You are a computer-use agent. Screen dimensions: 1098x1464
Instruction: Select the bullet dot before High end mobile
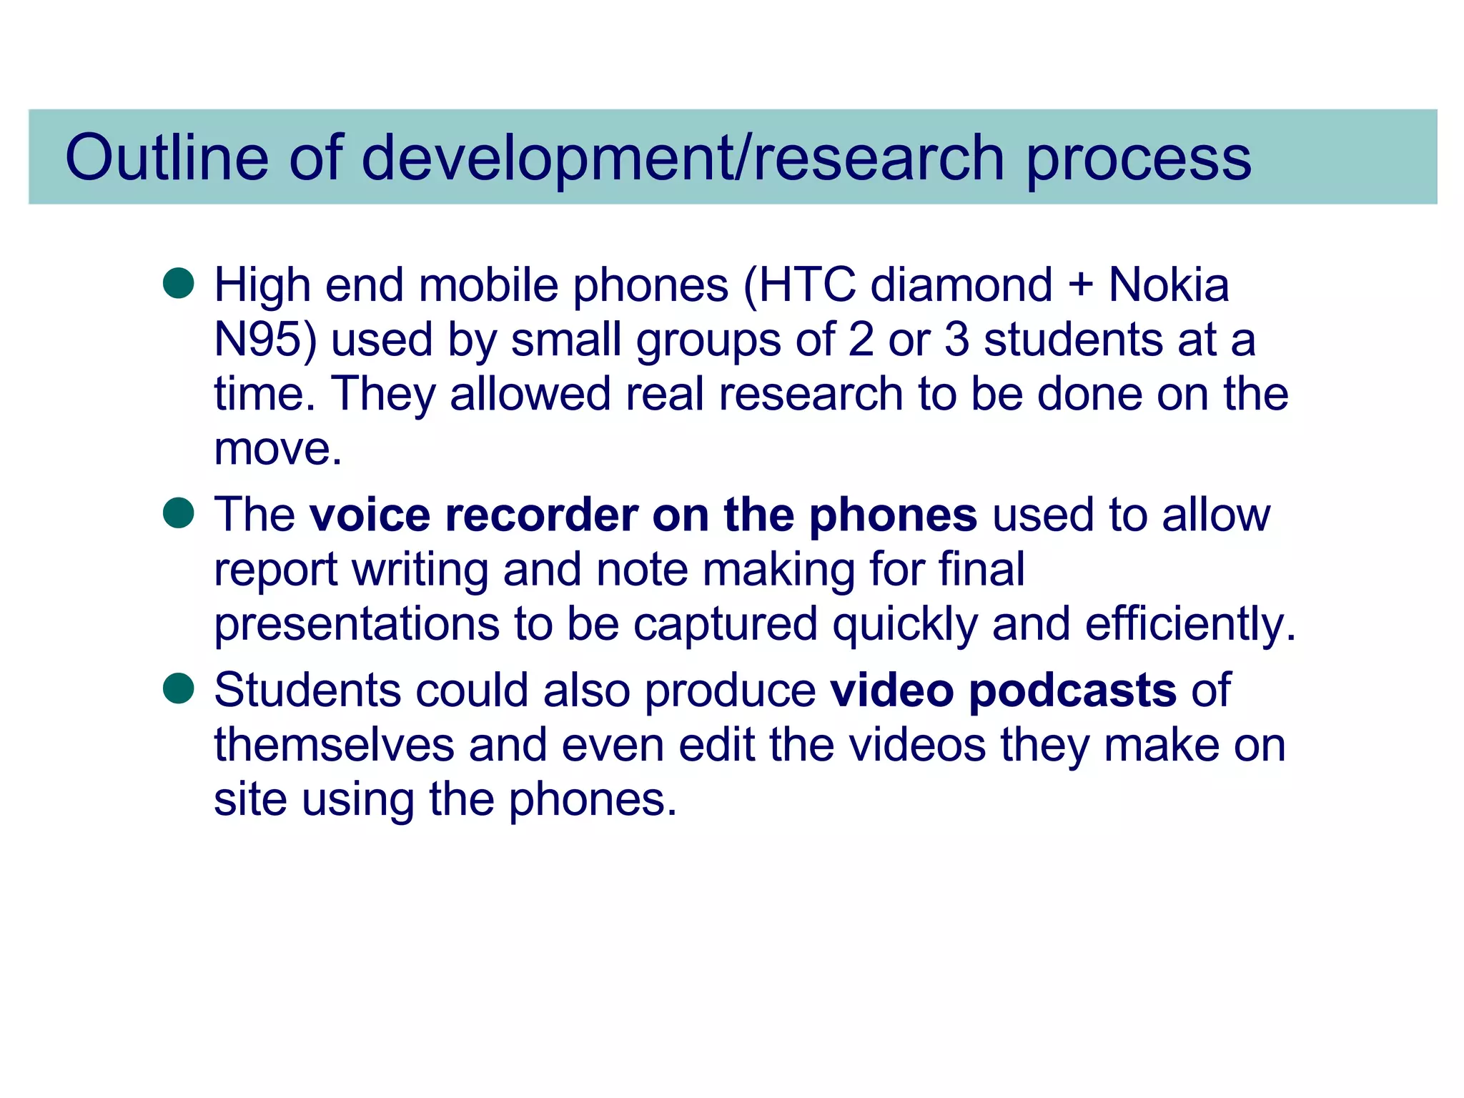click(179, 283)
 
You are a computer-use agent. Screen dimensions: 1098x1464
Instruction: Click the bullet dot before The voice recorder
click(179, 513)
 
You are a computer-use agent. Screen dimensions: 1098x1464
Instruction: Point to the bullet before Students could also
click(179, 688)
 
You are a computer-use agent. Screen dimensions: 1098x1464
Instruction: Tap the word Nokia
click(1169, 285)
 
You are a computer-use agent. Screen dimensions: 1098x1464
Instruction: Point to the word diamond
click(961, 285)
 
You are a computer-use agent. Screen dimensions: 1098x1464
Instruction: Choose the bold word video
click(891, 691)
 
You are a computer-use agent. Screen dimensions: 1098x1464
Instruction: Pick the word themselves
click(334, 745)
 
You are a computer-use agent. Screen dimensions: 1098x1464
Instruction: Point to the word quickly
click(904, 625)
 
